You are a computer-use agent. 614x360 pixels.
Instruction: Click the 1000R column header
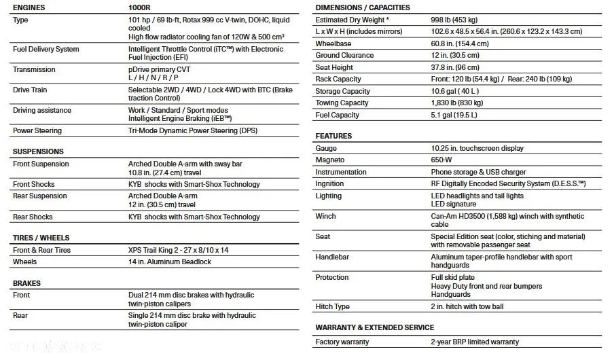tap(140, 7)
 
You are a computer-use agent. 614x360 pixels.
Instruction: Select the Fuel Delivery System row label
tap(46, 50)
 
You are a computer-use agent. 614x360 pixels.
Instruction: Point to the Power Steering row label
tap(37, 130)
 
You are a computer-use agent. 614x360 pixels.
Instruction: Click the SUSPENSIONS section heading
tap(38, 151)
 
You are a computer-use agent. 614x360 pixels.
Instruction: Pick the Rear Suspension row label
tap(40, 196)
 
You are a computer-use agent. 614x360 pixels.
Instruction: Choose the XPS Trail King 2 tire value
tap(179, 250)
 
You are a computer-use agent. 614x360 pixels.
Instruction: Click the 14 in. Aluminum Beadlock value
tap(170, 262)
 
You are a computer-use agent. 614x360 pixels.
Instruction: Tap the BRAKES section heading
tap(26, 283)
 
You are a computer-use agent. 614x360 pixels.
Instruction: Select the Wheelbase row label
tap(333, 43)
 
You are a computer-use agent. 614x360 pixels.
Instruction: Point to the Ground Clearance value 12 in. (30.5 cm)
tap(455, 56)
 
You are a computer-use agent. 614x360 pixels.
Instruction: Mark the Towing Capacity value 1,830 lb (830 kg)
tap(457, 103)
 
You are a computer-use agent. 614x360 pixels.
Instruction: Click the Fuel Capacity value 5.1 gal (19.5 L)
tap(454, 115)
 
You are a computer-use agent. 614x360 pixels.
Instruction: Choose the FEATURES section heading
tap(333, 136)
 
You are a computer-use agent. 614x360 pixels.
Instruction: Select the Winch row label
tap(326, 217)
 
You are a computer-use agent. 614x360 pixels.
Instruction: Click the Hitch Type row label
tap(333, 307)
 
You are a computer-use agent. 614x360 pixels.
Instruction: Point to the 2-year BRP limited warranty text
tap(475, 342)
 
